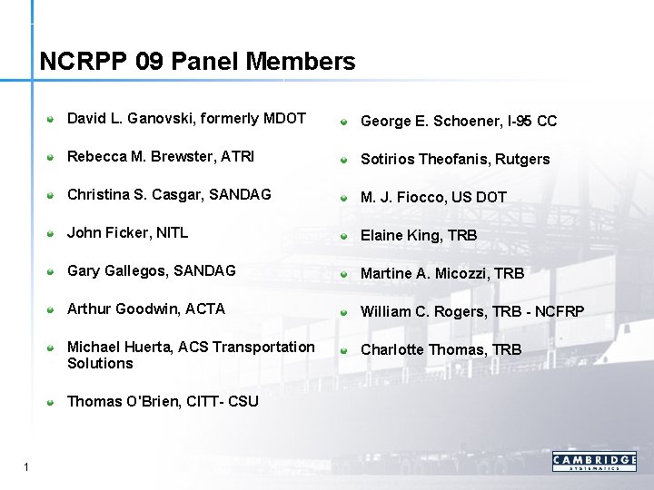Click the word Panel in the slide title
tap(204, 62)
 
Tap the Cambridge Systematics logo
tap(594, 461)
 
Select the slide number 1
tap(27, 467)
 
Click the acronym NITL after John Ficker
tap(172, 232)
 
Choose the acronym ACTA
tap(204, 309)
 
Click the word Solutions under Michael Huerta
tap(100, 363)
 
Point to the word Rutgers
tap(522, 159)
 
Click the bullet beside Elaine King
tap(345, 236)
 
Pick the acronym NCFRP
tap(560, 311)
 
